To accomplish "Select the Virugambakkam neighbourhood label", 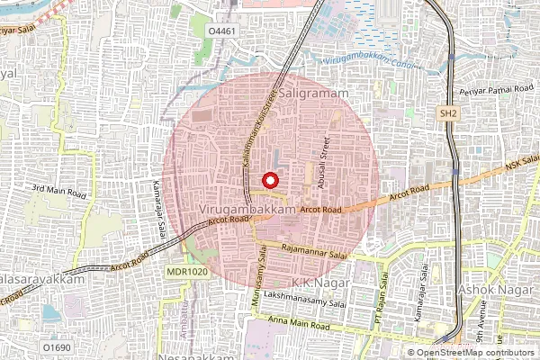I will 246,209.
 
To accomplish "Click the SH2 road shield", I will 448,113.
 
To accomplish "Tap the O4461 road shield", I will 222,31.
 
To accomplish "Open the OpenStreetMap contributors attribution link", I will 475,353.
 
